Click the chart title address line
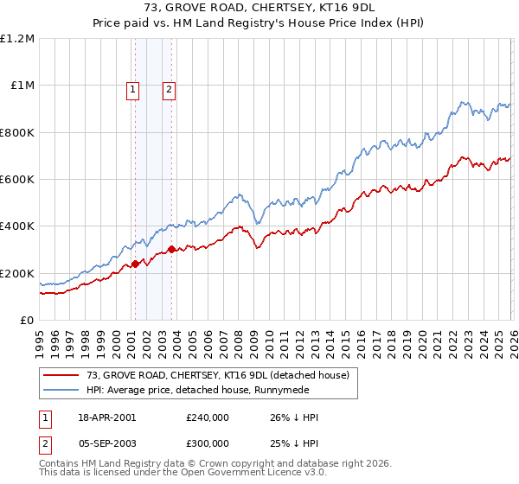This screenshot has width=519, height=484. pyautogui.click(x=259, y=8)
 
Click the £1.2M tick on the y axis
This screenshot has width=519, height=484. pyautogui.click(x=17, y=39)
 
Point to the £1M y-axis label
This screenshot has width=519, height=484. pyautogui.click(x=22, y=86)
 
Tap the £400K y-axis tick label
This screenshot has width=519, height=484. pyautogui.click(x=17, y=226)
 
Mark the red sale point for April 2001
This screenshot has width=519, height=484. pyautogui.click(x=136, y=264)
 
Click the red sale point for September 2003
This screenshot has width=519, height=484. pyautogui.click(x=172, y=250)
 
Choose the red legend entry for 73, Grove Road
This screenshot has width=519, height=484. pyautogui.click(x=216, y=375)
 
